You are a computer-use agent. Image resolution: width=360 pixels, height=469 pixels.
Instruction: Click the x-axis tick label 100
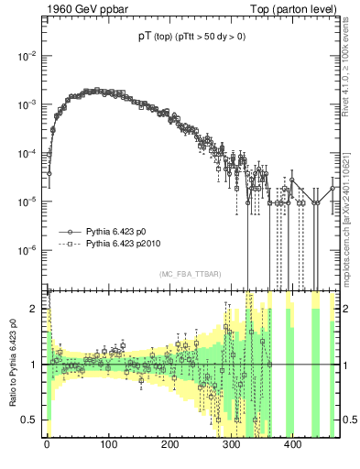[108, 446]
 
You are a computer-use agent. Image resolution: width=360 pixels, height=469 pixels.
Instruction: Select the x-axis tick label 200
[170, 446]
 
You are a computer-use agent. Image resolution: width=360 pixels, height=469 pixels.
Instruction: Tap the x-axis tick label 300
[232, 446]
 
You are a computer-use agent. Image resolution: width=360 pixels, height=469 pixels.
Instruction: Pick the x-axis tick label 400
[293, 446]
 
